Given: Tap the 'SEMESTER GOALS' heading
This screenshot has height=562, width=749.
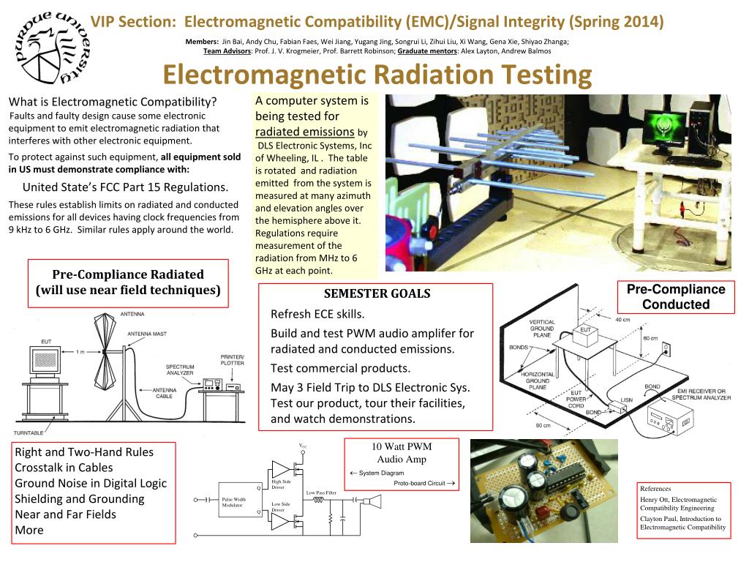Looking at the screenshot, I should coord(377,294).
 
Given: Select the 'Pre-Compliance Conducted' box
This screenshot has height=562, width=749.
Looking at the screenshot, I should coord(675,297).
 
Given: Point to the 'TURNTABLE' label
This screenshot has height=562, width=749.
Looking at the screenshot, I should coord(30,432).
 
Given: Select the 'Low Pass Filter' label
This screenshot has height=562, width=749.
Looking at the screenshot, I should coord(321,493).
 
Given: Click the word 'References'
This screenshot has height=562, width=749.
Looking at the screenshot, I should coord(655,488).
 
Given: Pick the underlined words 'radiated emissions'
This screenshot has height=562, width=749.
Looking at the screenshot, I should coord(304,132).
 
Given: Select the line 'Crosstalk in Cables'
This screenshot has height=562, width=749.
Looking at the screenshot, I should coord(64,468).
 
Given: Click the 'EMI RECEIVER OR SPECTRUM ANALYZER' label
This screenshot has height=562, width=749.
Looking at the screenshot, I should coord(693,396).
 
